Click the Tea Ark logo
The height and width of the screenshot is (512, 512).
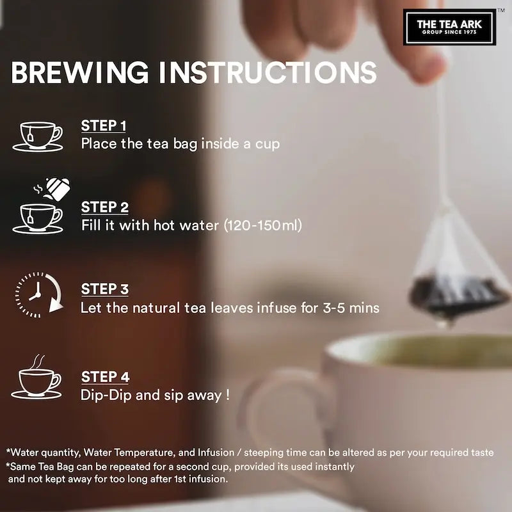pyautogui.click(x=449, y=27)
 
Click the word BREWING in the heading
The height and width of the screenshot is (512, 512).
pyautogui.click(x=80, y=72)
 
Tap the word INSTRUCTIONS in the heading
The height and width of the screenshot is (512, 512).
pyautogui.click(x=268, y=72)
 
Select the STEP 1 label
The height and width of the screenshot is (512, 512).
pyautogui.click(x=104, y=125)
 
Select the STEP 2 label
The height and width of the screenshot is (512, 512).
pyautogui.click(x=105, y=207)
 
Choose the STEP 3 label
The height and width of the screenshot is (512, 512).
pyautogui.click(x=105, y=289)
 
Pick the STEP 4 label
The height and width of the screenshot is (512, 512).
pyautogui.click(x=105, y=377)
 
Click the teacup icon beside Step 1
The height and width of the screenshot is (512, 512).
pyautogui.click(x=38, y=137)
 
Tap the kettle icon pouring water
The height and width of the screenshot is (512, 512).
pyautogui.click(x=52, y=189)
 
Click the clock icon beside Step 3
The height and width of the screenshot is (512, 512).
pyautogui.click(x=39, y=295)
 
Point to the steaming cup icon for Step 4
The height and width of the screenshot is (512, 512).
pyautogui.click(x=36, y=377)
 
